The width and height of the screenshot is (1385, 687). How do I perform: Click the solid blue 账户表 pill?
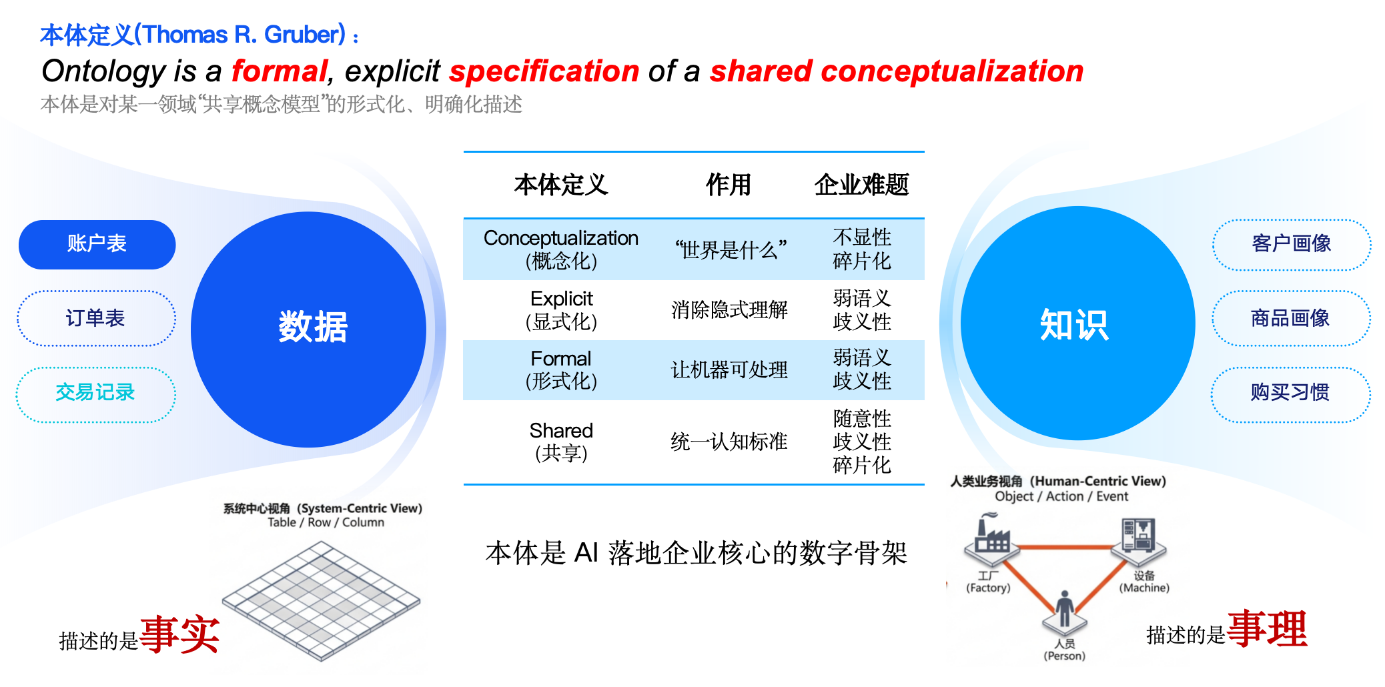point(97,244)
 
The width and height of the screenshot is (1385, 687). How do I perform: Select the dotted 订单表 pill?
point(96,318)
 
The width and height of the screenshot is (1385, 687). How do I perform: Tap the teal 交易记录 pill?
point(95,394)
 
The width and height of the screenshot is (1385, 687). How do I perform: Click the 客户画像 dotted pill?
point(1292,244)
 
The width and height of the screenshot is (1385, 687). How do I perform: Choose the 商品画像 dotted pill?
point(1291,318)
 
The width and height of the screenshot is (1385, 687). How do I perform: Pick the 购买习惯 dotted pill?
point(1290,394)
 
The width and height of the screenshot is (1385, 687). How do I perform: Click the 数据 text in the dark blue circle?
point(313,327)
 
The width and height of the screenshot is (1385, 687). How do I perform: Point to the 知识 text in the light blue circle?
point(1074,325)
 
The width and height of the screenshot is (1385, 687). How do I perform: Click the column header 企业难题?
point(861,185)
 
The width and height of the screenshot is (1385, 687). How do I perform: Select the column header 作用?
point(729,185)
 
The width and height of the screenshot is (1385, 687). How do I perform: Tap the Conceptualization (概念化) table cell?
point(561,249)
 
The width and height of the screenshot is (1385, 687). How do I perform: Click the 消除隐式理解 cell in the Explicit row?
point(729,310)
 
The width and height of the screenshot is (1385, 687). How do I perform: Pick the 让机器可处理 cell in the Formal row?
point(729,370)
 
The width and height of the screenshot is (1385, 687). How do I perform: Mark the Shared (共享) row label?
point(561,442)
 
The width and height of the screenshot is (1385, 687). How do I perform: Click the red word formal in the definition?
point(280,71)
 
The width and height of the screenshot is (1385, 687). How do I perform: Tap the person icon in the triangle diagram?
point(1065,611)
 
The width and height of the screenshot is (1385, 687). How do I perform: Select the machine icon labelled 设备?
point(1139,538)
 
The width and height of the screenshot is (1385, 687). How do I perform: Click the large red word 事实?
point(179,634)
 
